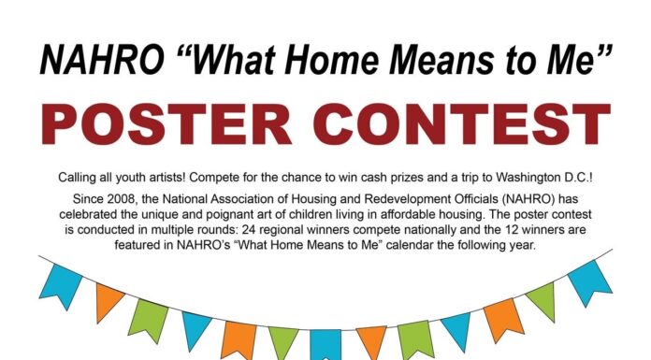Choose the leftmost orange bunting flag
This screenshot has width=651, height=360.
click(109, 301)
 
